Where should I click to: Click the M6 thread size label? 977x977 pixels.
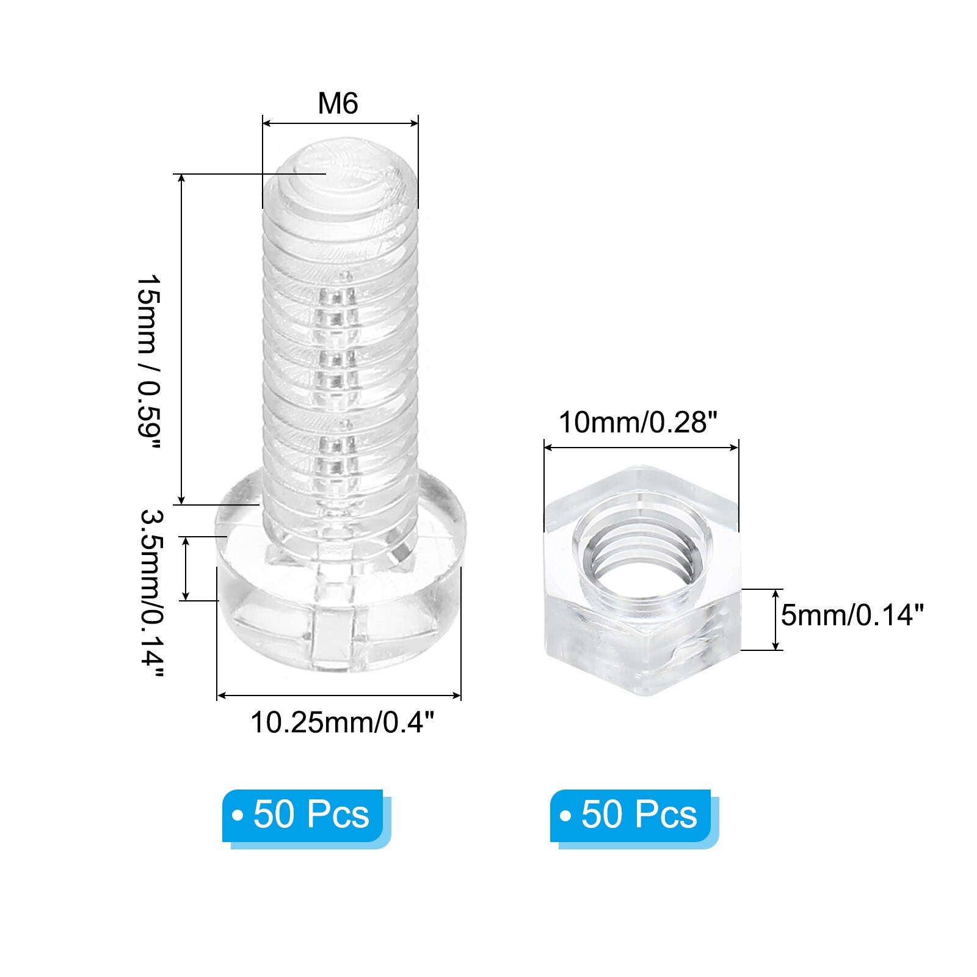[338, 103]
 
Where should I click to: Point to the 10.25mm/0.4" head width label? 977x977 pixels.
[342, 722]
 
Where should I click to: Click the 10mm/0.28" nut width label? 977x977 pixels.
[638, 422]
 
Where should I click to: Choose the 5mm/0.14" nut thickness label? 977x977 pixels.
[852, 615]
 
